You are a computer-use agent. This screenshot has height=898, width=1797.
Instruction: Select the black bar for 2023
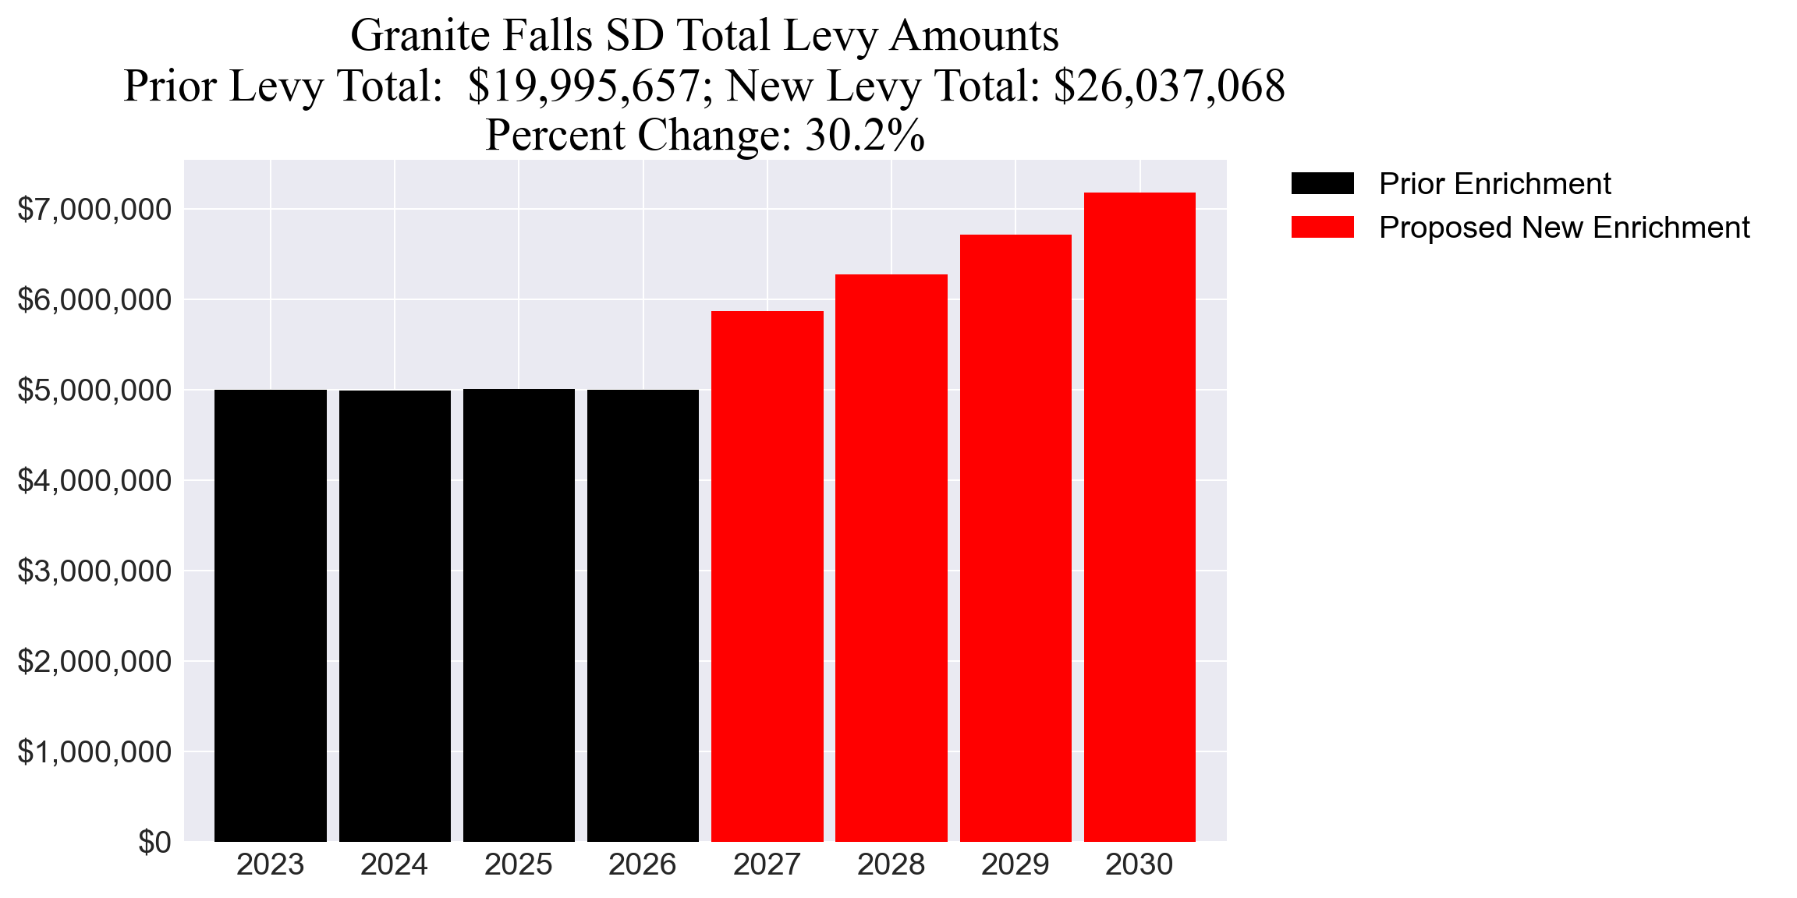[x=270, y=615]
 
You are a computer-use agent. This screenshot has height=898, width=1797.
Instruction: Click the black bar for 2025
[x=519, y=615]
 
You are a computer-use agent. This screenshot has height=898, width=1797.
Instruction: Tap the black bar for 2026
[x=643, y=615]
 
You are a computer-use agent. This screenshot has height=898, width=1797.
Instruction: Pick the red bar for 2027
[x=767, y=576]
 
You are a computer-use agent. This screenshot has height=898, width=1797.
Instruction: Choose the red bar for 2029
[x=1015, y=538]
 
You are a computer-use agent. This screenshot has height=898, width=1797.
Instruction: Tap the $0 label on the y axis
[x=154, y=843]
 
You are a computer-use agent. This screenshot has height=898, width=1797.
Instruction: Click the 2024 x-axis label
[x=394, y=865]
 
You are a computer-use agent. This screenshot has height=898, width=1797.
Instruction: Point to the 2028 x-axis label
[x=891, y=865]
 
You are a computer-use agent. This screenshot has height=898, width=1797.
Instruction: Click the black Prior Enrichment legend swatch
[x=1322, y=184]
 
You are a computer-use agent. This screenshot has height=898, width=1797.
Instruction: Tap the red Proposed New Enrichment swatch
[x=1322, y=228]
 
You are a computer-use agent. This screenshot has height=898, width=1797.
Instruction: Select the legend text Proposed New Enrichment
[x=1564, y=228]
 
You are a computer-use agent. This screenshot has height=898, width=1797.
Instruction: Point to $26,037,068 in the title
[x=1168, y=86]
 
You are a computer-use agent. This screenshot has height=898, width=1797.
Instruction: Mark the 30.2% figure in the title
[x=864, y=135]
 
